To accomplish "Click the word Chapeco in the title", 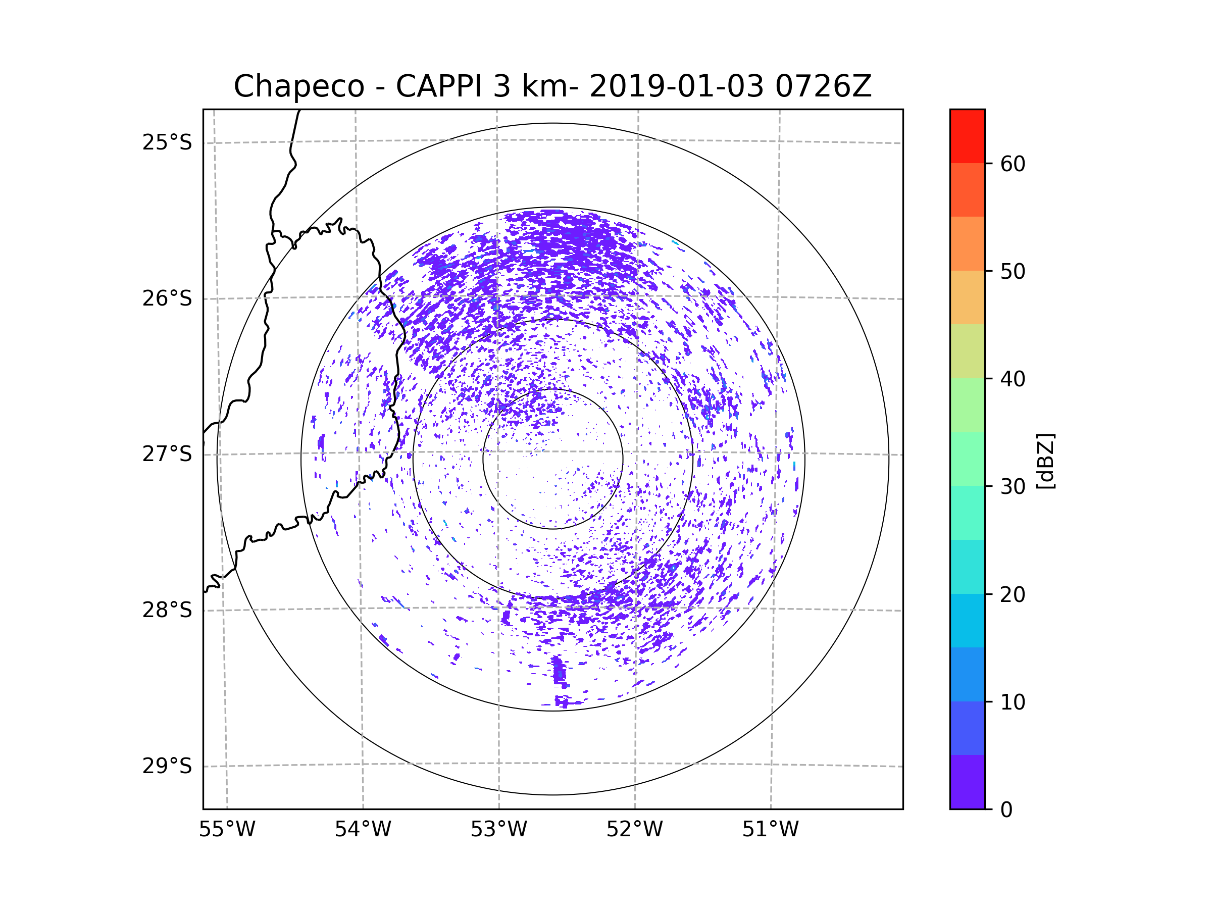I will coord(298,86).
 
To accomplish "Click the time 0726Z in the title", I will coord(823,86).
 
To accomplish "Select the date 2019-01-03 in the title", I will coord(676,86).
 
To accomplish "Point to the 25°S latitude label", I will coord(167,142).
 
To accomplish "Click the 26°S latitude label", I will coord(167,298).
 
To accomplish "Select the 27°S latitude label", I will coord(167,454).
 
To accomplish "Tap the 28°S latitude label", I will coord(167,610).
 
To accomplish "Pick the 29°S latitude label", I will coord(167,766).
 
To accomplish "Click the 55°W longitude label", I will coord(227,830).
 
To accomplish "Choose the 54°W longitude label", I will coord(363,830).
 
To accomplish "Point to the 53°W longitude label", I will coord(498,830).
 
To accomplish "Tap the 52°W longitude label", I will coord(634,830).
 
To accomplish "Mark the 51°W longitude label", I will coord(770,830).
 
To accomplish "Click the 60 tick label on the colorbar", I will coord(1013,164).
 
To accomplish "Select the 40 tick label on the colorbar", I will coord(1013,379).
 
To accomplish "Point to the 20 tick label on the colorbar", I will coord(1013,594).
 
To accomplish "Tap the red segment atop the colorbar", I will coord(967,136).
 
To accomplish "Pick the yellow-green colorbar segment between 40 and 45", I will coord(967,351).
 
